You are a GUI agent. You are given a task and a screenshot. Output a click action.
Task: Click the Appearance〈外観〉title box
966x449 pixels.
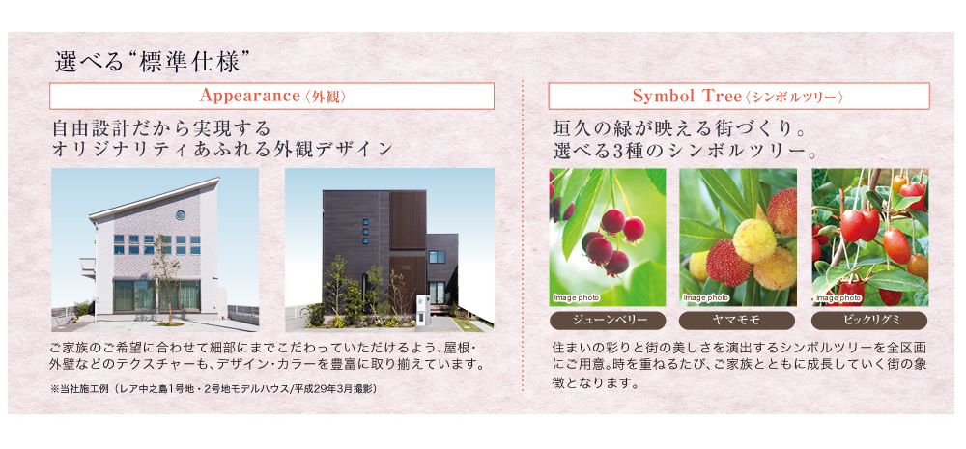click(x=271, y=97)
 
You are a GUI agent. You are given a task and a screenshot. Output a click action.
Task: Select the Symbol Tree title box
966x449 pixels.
click(x=739, y=97)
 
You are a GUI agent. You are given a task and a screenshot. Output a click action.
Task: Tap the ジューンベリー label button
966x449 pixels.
click(x=608, y=321)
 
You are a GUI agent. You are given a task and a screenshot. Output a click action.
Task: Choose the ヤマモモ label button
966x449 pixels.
click(x=737, y=321)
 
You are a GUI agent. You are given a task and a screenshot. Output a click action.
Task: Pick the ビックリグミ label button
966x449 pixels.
click(x=869, y=321)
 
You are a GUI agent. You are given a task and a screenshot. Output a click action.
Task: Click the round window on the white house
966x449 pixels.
click(x=181, y=215)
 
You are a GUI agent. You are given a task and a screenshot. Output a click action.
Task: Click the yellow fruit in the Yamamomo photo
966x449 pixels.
click(x=754, y=240)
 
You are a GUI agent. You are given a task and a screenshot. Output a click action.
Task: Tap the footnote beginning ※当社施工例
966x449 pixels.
click(x=213, y=388)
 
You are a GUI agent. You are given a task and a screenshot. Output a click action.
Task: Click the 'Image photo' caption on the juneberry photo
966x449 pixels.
click(x=576, y=298)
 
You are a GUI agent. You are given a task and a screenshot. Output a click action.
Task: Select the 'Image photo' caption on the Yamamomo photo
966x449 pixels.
click(x=706, y=298)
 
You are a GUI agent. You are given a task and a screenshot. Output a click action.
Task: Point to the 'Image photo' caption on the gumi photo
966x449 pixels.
click(x=838, y=298)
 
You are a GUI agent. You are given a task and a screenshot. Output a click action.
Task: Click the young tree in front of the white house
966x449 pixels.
click(x=164, y=277)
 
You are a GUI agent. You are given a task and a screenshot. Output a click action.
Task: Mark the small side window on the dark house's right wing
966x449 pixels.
click(x=437, y=257)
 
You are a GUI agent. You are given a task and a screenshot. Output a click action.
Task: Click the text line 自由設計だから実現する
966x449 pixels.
click(x=161, y=128)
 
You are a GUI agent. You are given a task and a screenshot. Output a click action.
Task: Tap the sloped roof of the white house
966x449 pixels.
click(x=154, y=198)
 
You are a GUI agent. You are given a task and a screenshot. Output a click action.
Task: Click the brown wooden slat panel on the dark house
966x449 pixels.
click(x=408, y=220)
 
